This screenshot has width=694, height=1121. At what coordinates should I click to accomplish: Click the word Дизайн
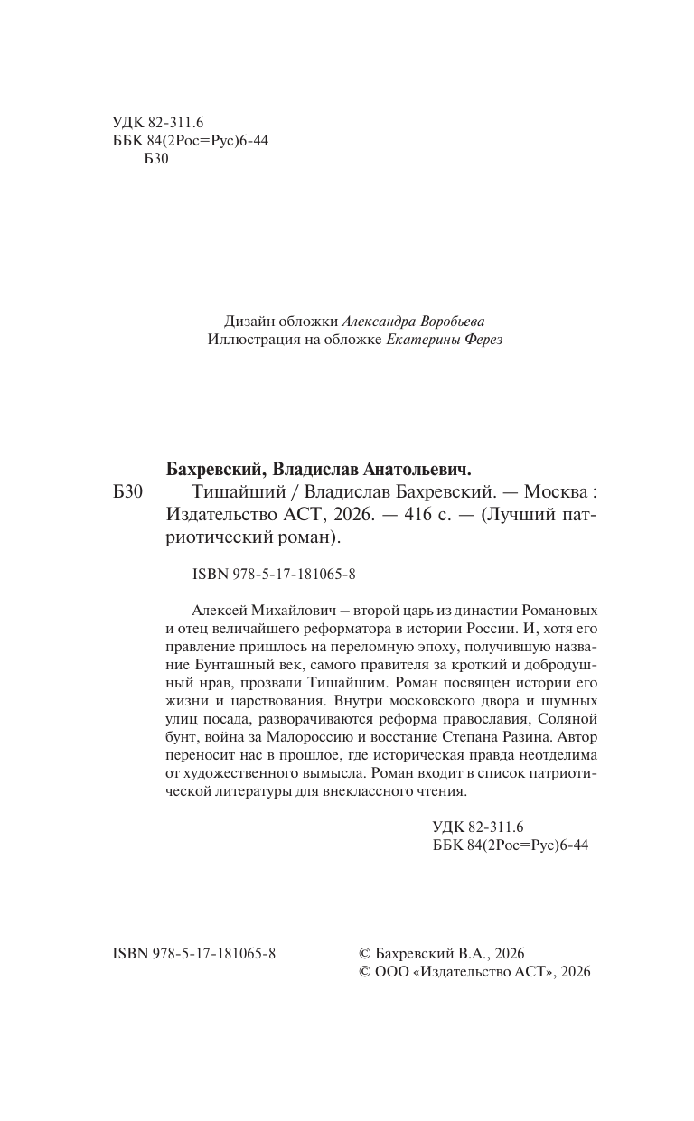[x=249, y=322]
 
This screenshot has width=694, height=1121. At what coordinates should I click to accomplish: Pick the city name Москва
[x=549, y=493]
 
